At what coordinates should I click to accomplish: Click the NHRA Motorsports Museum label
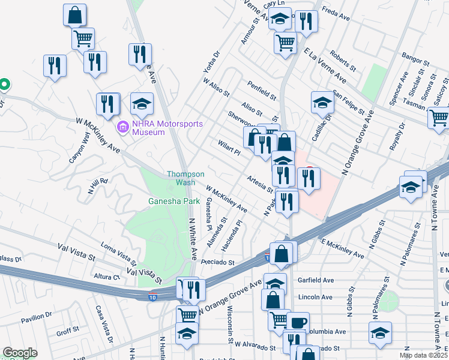[165, 127]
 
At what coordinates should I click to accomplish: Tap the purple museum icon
[122, 127]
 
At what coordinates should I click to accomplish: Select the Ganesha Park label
[174, 202]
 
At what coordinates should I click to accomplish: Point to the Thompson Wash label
[181, 178]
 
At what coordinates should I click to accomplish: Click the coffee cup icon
[298, 322]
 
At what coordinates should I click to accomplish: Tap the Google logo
[20, 353]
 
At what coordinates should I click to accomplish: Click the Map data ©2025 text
[424, 355]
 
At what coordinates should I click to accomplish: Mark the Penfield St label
[260, 89]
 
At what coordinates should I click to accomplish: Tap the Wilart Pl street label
[229, 148]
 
